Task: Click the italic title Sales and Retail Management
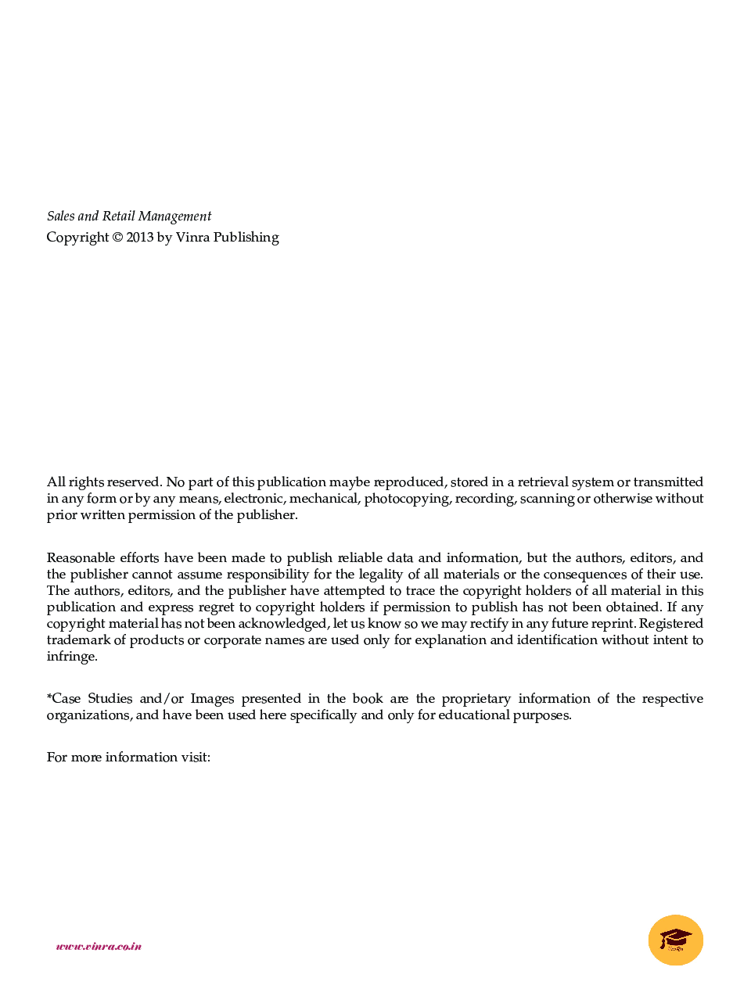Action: point(129,217)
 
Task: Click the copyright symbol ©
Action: point(117,238)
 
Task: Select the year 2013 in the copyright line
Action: point(140,238)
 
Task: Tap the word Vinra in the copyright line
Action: point(192,238)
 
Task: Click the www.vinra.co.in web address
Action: point(99,946)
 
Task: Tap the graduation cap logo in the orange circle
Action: point(675,939)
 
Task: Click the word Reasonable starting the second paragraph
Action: point(80,558)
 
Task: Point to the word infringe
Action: point(72,657)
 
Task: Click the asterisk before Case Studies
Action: point(49,697)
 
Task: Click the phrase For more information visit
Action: point(128,758)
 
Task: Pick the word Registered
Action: point(671,624)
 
